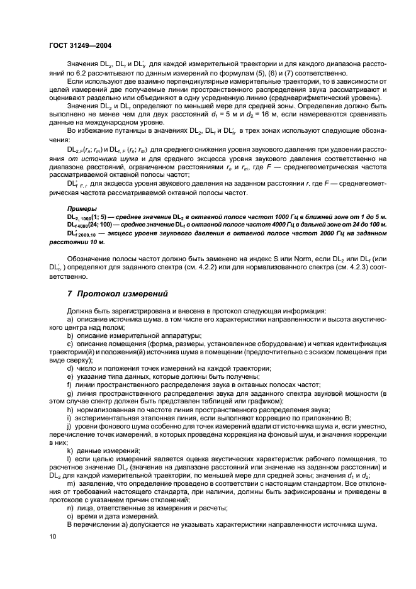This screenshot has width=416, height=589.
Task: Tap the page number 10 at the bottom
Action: point(53,536)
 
